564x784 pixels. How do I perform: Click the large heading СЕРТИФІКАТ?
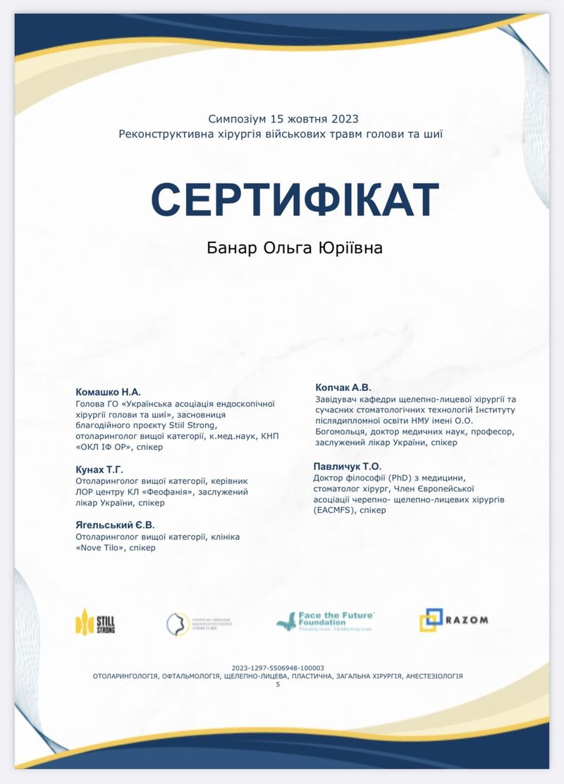pos(295,199)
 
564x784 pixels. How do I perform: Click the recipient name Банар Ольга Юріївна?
pos(294,248)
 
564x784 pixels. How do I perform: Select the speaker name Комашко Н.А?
pos(108,392)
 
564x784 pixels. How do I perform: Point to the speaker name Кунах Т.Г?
pos(99,468)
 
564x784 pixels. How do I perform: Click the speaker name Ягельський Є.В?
pos(115,525)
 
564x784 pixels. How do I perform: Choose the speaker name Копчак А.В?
pos(343,387)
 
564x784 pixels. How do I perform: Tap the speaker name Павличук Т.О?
pos(347,466)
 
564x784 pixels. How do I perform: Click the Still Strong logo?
pos(95,621)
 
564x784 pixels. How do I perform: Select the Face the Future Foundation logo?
pos(325,621)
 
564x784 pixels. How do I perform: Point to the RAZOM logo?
pos(453,621)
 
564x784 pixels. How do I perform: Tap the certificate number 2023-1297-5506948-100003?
pos(278,668)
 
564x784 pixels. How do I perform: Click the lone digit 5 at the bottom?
pos(278,684)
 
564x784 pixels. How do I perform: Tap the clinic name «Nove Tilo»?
pos(97,547)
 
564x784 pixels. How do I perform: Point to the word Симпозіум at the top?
pos(233,119)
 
